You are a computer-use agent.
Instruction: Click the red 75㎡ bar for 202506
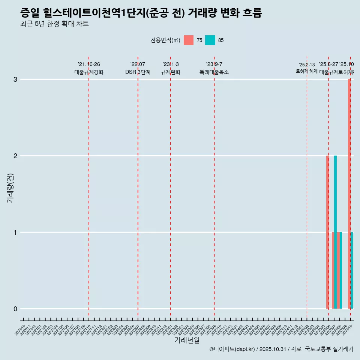click(x=327, y=232)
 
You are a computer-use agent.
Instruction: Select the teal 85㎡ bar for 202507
click(x=336, y=232)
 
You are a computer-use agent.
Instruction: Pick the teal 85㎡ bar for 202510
click(x=352, y=270)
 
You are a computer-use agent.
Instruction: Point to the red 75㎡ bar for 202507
click(x=333, y=270)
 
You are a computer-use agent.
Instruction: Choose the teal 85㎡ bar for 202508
click(x=341, y=270)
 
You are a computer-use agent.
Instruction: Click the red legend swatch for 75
click(x=189, y=40)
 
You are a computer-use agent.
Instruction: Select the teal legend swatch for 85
click(x=210, y=40)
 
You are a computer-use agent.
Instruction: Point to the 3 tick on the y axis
click(x=15, y=79)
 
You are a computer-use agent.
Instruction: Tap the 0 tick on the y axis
click(x=15, y=309)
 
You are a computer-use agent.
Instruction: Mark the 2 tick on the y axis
click(x=15, y=156)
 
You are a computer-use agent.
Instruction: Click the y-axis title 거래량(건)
click(x=10, y=187)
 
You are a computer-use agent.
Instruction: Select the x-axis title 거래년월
click(x=187, y=340)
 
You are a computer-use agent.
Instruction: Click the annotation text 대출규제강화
click(x=89, y=72)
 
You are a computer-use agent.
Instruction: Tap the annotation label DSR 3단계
click(x=138, y=72)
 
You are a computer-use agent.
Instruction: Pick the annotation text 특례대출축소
click(x=214, y=72)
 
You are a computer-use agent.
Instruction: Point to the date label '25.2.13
click(x=307, y=65)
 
